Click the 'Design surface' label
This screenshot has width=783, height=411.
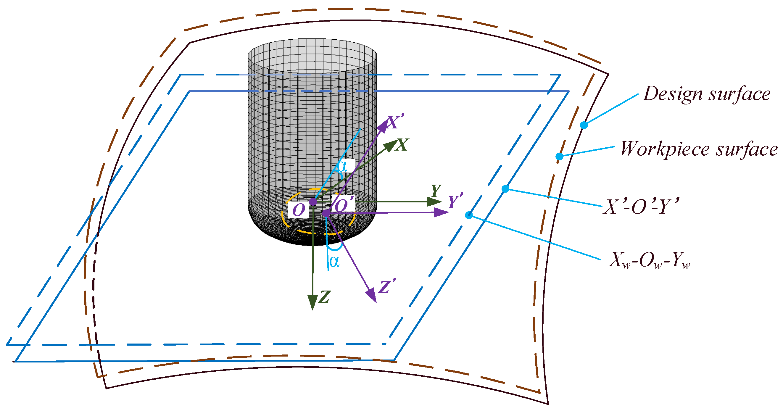click(707, 94)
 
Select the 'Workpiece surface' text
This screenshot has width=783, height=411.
click(699, 149)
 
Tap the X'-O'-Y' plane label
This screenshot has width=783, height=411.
click(640, 207)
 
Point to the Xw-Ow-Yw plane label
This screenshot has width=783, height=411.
click(649, 260)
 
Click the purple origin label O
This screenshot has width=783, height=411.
click(299, 210)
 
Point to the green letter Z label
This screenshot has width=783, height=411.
click(325, 297)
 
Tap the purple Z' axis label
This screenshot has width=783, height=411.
click(387, 286)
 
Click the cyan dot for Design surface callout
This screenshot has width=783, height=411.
click(584, 125)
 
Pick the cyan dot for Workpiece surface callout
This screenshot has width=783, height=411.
click(559, 156)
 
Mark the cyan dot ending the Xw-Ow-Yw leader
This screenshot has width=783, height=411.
click(469, 215)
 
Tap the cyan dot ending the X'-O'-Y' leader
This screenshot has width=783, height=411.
click(505, 189)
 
